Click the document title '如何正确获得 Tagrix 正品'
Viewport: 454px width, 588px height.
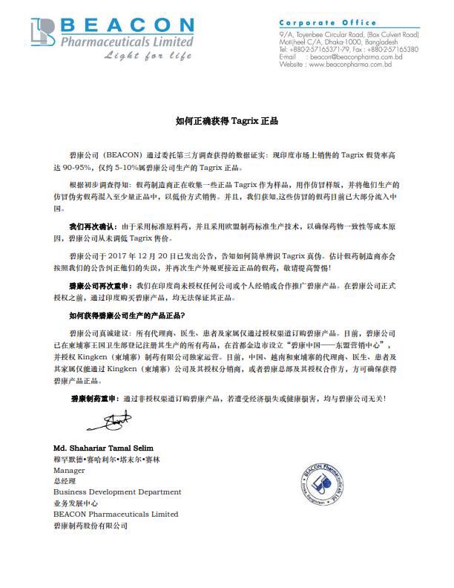(x=227, y=120)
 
